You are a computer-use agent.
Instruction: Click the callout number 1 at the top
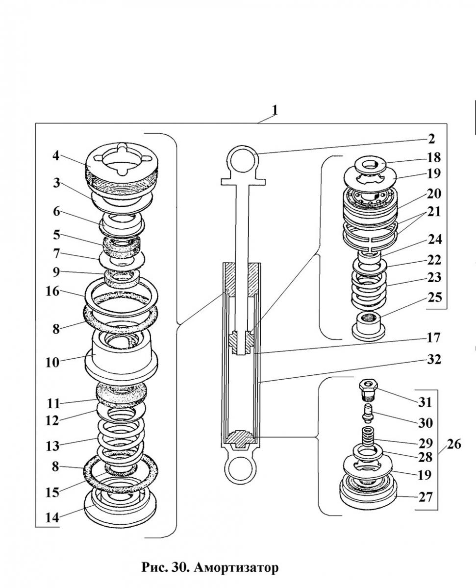(275, 110)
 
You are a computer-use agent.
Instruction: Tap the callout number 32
(434, 359)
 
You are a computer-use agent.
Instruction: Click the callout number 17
(434, 338)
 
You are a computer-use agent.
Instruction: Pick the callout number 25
(434, 297)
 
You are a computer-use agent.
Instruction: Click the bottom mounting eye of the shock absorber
(240, 471)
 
